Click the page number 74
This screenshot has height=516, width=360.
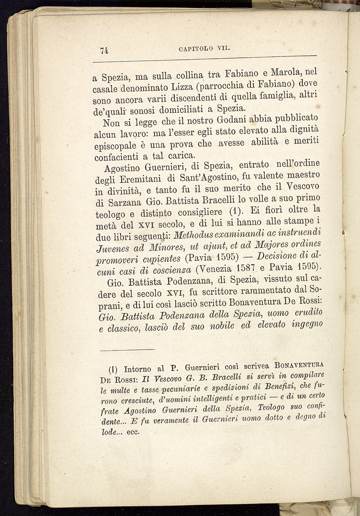click(104, 51)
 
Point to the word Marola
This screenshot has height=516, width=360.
click(288, 74)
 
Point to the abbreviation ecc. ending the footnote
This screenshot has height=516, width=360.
click(133, 433)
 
